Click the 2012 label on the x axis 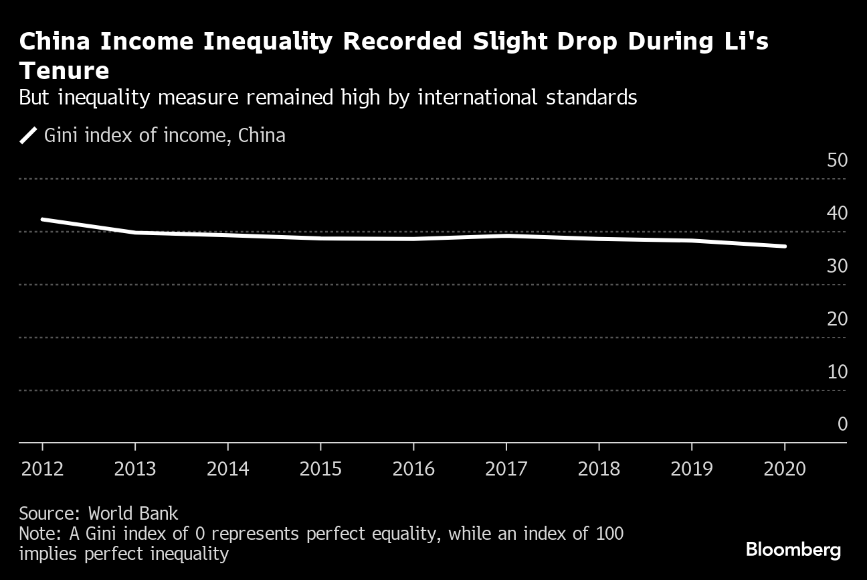pyautogui.click(x=42, y=468)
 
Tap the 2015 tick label pyautogui.click(x=320, y=468)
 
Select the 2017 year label pyautogui.click(x=506, y=468)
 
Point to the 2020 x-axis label pyautogui.click(x=785, y=468)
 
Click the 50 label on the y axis pyautogui.click(x=838, y=161)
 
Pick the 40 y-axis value pyautogui.click(x=838, y=214)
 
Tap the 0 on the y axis pyautogui.click(x=842, y=425)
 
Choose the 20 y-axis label pyautogui.click(x=838, y=319)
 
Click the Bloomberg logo pyautogui.click(x=793, y=551)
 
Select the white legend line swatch pyautogui.click(x=28, y=135)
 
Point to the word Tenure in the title pyautogui.click(x=64, y=70)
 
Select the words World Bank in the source pyautogui.click(x=133, y=514)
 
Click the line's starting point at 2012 pyautogui.click(x=42, y=219)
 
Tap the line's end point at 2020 pyautogui.click(x=785, y=246)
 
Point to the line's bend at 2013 pyautogui.click(x=136, y=232)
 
